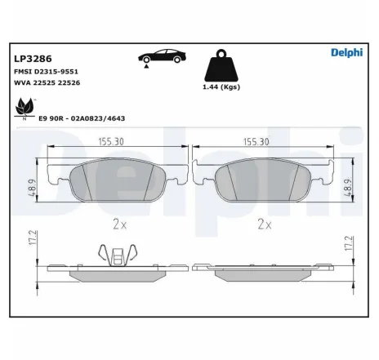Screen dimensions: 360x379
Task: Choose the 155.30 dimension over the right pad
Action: coord(256,141)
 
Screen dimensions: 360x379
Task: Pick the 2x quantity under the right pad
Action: coord(263,222)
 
